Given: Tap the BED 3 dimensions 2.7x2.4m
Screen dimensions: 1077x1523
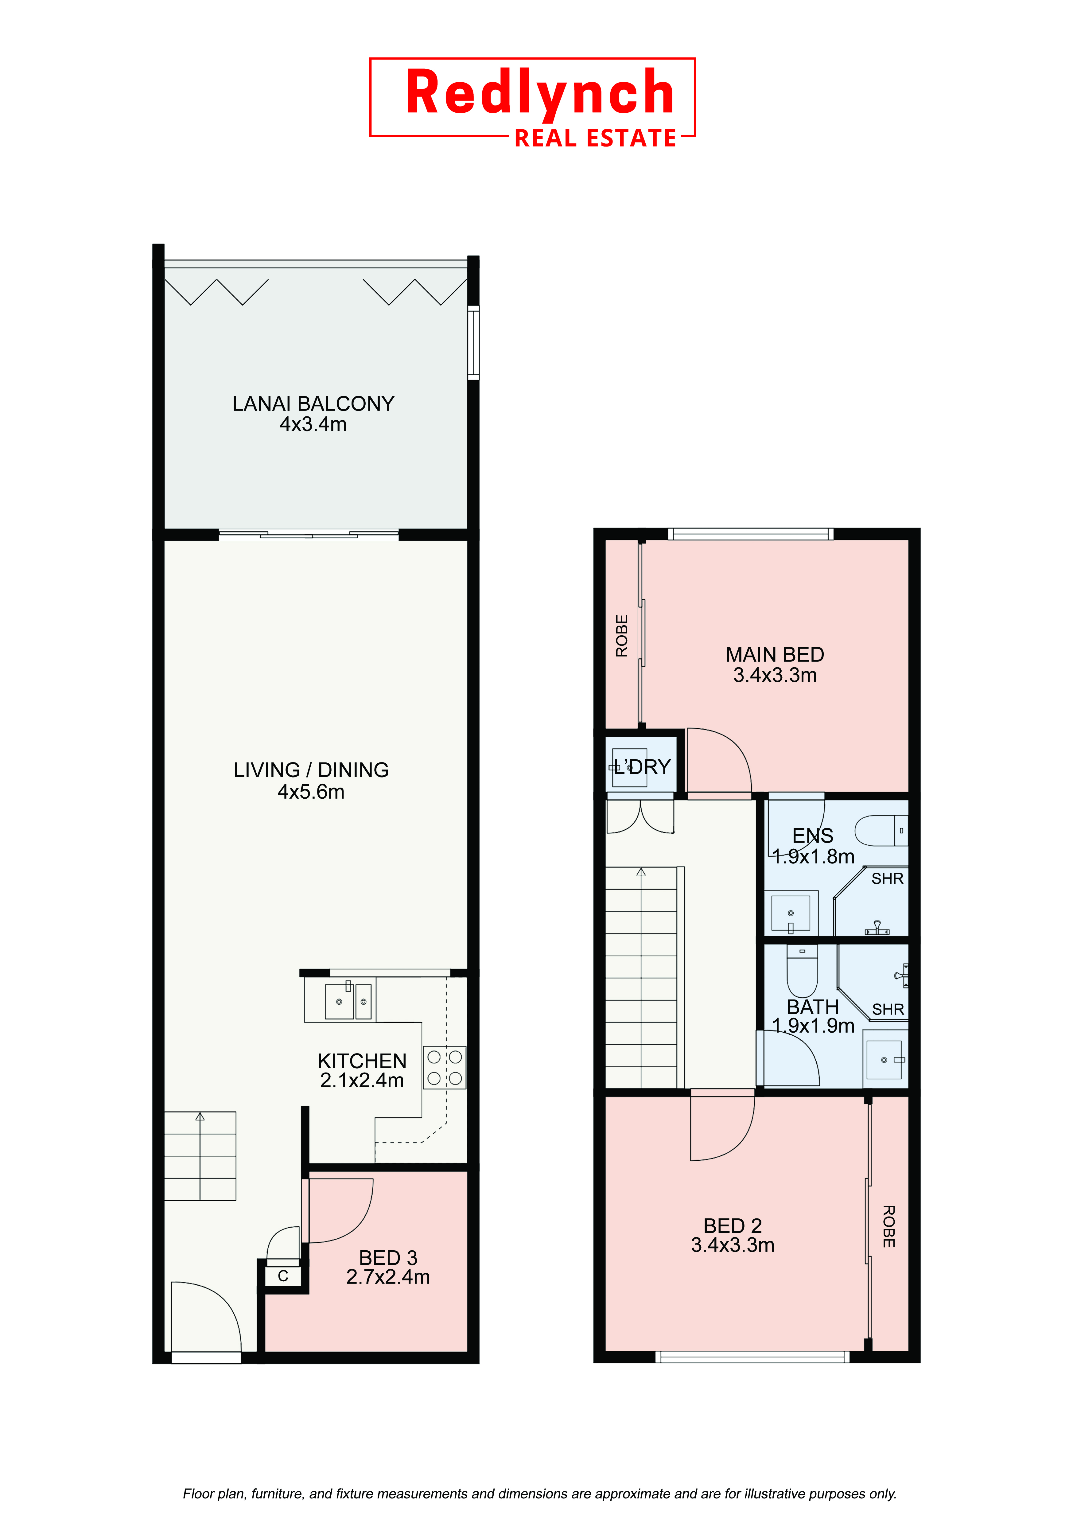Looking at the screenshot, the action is coord(388,1277).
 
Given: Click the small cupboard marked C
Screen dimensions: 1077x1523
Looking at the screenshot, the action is coord(283,1276).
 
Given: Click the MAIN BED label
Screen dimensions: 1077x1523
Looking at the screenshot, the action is coord(775,655).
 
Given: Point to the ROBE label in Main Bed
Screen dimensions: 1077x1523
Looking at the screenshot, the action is coord(621,636).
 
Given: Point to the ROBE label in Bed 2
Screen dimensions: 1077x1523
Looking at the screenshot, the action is coord(889,1226).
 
